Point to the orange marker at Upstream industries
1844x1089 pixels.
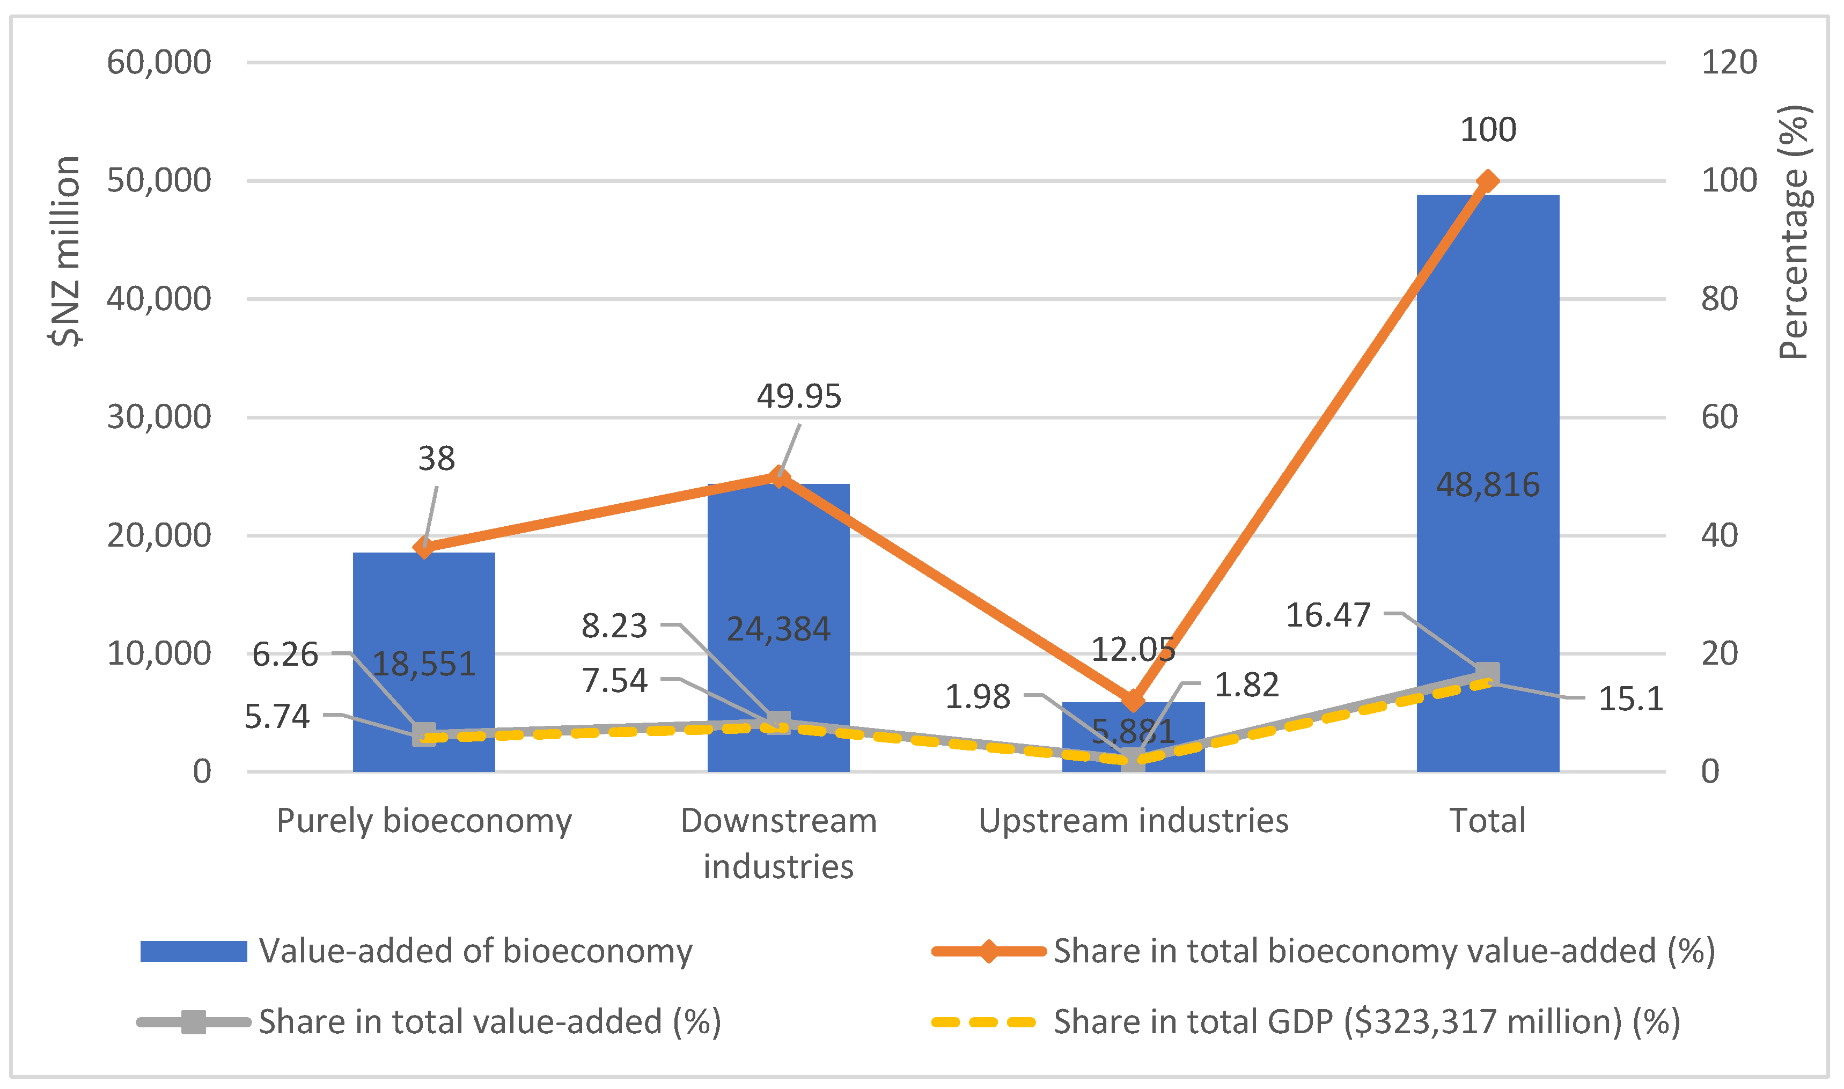tap(1133, 700)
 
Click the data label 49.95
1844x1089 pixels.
tap(798, 396)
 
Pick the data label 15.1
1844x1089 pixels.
tap(1630, 698)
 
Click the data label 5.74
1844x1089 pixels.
tap(277, 716)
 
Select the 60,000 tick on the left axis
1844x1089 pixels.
tap(158, 62)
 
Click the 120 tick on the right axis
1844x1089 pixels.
tap(1729, 62)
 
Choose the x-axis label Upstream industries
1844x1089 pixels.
tap(1133, 820)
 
